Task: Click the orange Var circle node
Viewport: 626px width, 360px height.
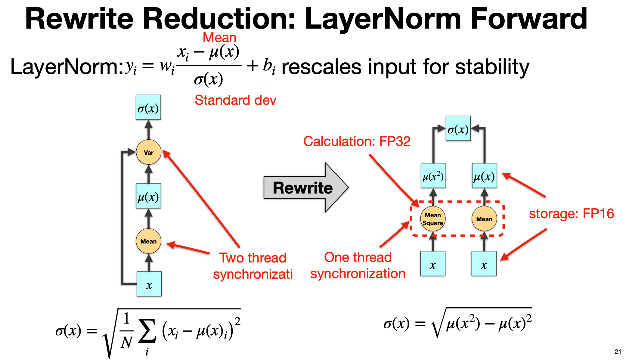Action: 148,152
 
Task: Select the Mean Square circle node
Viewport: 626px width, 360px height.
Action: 433,219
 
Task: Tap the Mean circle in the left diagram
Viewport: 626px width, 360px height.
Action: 148,241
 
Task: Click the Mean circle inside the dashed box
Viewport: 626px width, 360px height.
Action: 484,219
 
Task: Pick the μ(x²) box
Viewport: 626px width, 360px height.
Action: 433,176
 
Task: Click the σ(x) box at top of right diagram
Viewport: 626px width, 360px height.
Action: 458,129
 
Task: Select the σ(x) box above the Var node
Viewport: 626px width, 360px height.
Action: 148,107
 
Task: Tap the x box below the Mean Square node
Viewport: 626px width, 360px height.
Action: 432,264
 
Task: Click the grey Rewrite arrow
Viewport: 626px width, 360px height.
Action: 304,188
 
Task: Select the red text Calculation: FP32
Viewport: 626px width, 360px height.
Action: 357,141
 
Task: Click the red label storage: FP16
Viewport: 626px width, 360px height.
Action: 571,214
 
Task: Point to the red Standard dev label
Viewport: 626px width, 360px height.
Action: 235,100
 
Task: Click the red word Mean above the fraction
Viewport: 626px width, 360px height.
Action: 219,38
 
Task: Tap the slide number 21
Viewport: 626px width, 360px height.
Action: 618,351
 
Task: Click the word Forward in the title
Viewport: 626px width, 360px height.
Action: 528,19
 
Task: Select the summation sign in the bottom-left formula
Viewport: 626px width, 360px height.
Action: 147,331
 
